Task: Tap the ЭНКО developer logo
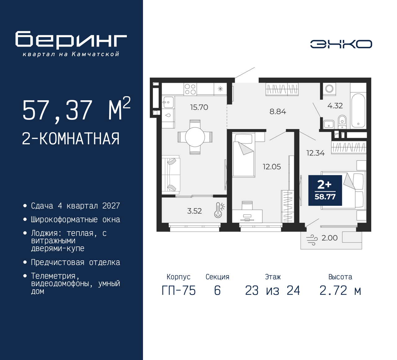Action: pyautogui.click(x=341, y=44)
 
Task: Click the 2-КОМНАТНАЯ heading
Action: pyautogui.click(x=71, y=139)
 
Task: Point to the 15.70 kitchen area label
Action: pyautogui.click(x=199, y=107)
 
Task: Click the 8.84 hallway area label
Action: pyautogui.click(x=278, y=111)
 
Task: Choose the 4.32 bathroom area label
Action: pyautogui.click(x=335, y=106)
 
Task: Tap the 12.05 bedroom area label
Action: pyautogui.click(x=272, y=167)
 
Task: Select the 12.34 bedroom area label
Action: pyautogui.click(x=315, y=153)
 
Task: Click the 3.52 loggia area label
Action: pyautogui.click(x=194, y=211)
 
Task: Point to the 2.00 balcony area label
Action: pyautogui.click(x=329, y=238)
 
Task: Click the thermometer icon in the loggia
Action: pyautogui.click(x=219, y=210)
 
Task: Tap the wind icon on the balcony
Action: pyautogui.click(x=312, y=240)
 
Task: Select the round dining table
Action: pyautogui.click(x=195, y=137)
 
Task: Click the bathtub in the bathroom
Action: pyautogui.click(x=358, y=110)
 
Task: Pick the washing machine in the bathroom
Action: pyautogui.click(x=329, y=89)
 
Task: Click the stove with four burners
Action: pyautogui.click(x=190, y=89)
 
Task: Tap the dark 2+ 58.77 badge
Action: pyautogui.click(x=325, y=190)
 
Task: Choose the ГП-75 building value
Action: pyautogui.click(x=179, y=291)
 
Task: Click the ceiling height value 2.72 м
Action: pyautogui.click(x=340, y=291)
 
